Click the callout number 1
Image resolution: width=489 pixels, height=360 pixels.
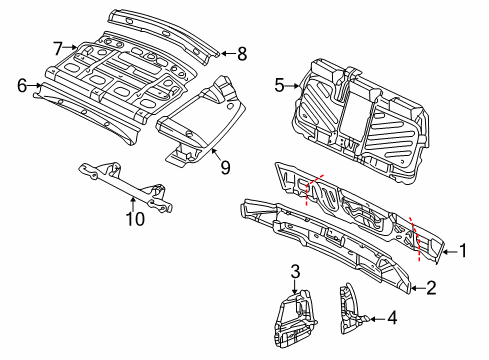pos(463,251)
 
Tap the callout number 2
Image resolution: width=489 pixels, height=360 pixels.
pos(431,288)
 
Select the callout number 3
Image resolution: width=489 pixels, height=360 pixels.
pos(295,272)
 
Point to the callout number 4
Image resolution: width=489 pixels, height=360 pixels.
pos(393,318)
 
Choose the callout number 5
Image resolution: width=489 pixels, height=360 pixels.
pos(279,85)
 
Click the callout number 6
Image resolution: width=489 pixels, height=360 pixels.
pos(22,85)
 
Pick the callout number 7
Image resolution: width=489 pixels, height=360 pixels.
pos(58,49)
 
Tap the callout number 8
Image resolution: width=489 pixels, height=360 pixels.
pos(242,54)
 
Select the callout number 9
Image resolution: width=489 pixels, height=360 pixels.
pos(226,167)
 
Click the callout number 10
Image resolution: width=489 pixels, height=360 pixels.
pos(135,219)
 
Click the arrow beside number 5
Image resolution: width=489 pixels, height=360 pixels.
pos(293,86)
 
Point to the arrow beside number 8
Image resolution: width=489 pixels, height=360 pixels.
pos(228,53)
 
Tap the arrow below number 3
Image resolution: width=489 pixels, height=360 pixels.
pos(295,286)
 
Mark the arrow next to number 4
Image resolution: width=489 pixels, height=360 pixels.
pos(377,319)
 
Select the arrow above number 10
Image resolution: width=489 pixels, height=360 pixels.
pos(133,204)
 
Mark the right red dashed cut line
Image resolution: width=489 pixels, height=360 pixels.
pos(415,238)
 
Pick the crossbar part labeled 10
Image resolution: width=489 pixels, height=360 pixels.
pos(127,187)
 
